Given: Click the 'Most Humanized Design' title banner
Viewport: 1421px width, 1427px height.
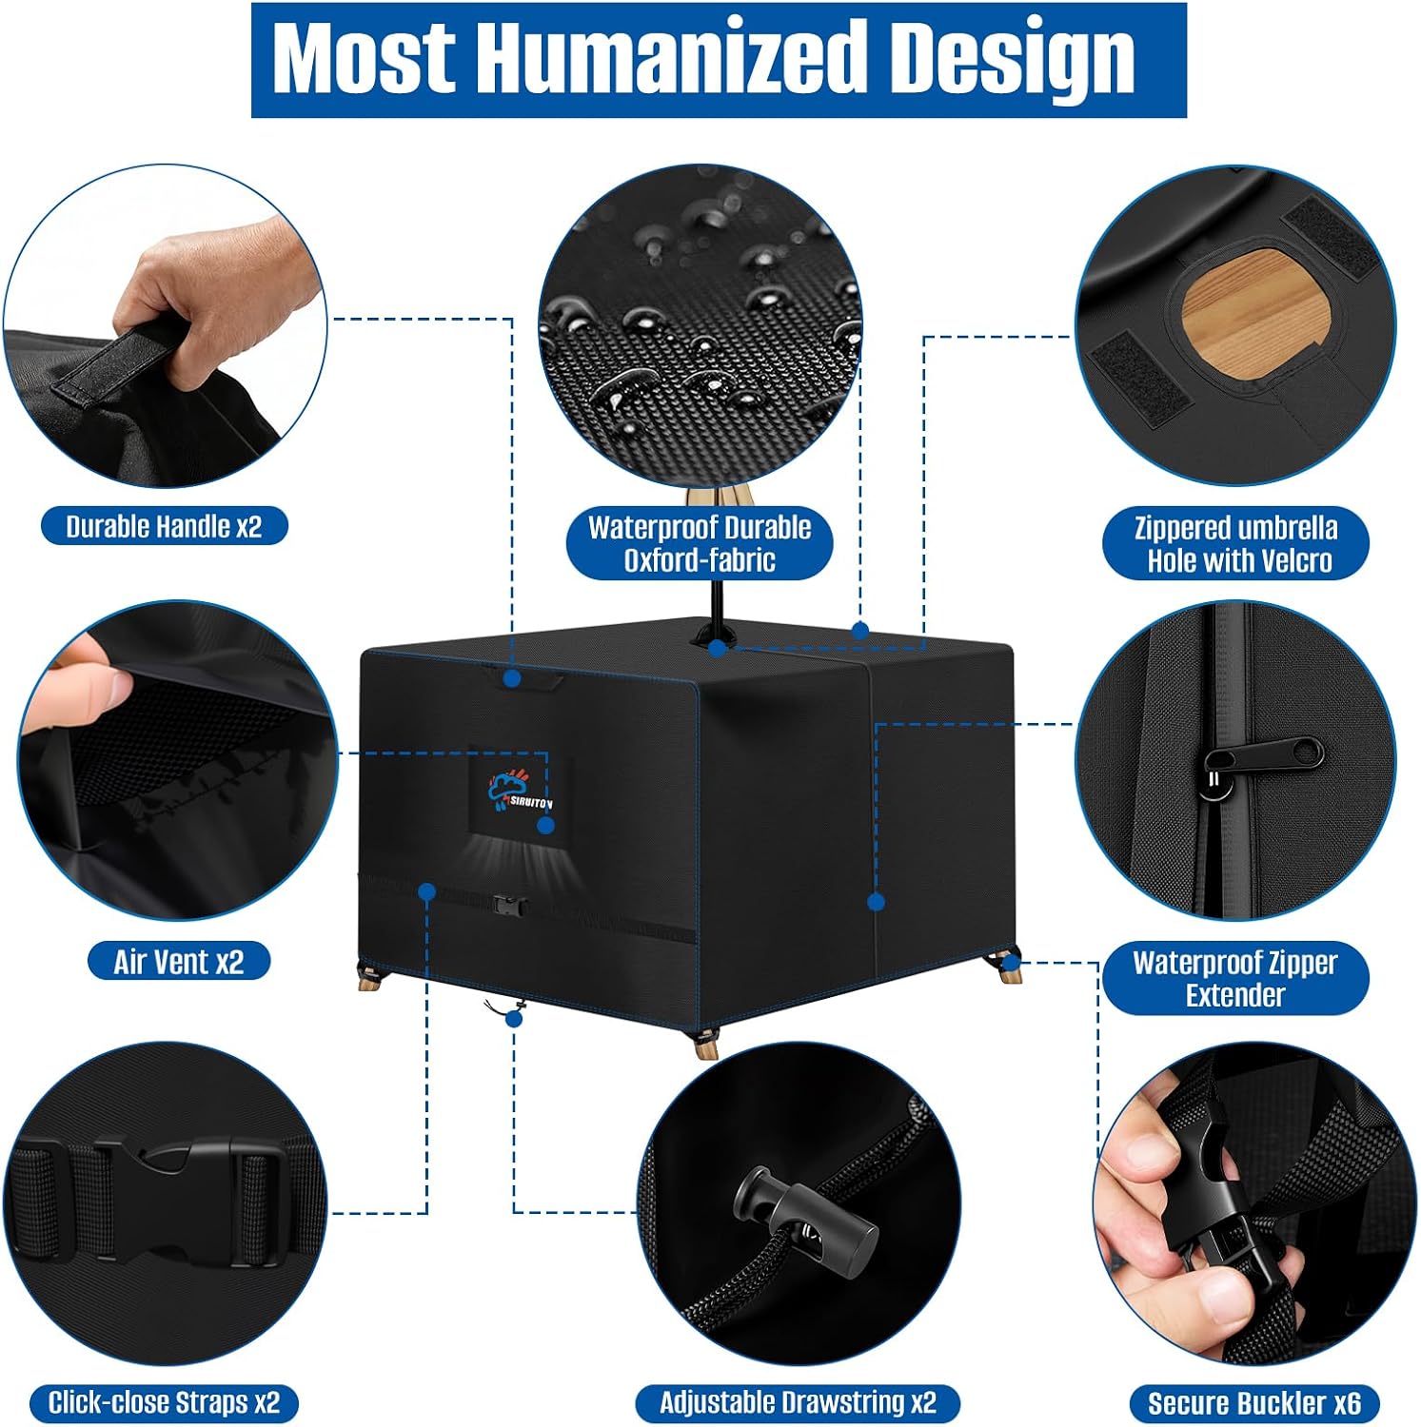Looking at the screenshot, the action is point(719,60).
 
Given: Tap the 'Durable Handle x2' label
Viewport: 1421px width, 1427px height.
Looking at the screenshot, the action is point(164,526).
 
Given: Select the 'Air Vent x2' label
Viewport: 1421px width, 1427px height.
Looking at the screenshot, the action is point(179,962).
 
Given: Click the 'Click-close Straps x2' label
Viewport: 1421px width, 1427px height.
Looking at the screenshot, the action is point(164,1402).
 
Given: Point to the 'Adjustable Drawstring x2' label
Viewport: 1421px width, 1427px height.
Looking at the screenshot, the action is point(798,1402).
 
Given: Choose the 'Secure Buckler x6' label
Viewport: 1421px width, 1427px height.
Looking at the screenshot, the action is point(1254,1403).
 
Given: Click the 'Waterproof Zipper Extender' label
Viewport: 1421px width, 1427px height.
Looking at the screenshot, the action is point(1235,978).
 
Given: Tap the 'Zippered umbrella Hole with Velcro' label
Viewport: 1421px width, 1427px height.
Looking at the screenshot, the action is point(1235,543).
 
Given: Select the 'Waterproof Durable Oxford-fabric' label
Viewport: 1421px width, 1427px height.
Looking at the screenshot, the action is point(700,543).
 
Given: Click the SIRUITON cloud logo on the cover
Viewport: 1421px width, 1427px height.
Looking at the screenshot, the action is point(519,788).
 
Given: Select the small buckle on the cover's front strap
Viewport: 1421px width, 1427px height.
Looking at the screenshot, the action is point(509,905).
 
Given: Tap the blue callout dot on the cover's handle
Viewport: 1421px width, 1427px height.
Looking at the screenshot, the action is point(512,678).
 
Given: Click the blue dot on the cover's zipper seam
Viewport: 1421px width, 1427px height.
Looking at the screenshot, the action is point(877,902).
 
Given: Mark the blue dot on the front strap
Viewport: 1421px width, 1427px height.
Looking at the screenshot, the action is point(427,892).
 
